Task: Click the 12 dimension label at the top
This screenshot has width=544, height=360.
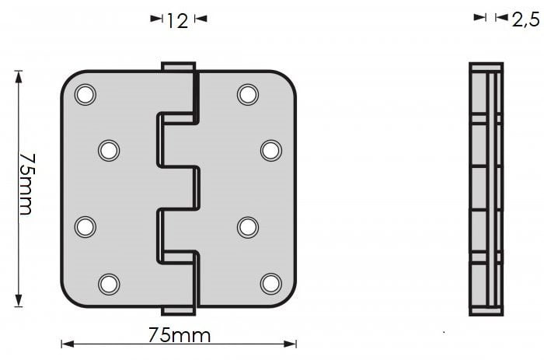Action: [x=178, y=21]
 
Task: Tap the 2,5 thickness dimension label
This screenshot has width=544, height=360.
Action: [x=526, y=20]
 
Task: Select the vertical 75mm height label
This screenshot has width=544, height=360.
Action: [x=26, y=184]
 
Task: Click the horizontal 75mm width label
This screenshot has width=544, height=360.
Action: [x=180, y=336]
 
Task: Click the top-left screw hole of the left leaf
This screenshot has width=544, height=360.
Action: [x=85, y=94]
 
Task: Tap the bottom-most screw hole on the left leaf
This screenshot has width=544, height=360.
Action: [x=109, y=284]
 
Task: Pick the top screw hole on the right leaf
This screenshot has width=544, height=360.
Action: [x=248, y=94]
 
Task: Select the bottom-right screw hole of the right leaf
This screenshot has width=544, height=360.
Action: [x=271, y=284]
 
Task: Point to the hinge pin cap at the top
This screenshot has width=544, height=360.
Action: [x=178, y=67]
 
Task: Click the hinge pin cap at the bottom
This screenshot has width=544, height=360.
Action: [x=178, y=311]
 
